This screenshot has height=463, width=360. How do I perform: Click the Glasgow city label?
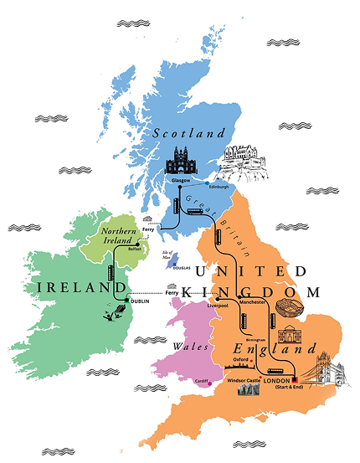tap(180, 180)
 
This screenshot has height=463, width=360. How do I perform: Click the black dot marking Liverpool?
tap(217, 300)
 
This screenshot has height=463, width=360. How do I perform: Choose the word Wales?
tap(183, 342)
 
